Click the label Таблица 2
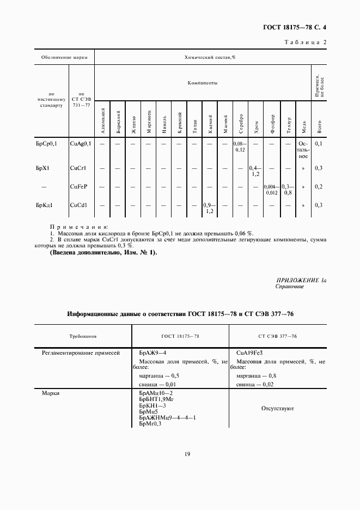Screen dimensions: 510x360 pos(306,42)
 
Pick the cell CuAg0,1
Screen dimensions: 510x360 pos(82,143)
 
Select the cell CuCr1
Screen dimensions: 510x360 pos(79,168)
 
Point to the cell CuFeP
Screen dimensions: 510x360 pos(79,186)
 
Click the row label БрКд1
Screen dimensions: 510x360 pos(44,205)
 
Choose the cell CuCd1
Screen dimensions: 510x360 pos(80,205)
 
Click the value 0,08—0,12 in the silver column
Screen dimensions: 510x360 pos(240,146)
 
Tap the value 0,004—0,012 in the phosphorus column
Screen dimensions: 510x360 pos(271,189)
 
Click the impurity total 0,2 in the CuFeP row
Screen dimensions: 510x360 pos(319,186)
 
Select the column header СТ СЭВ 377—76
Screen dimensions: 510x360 pos(278,337)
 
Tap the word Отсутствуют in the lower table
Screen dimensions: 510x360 pos(278,407)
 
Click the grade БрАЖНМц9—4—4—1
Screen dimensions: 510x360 pos(167,417)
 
